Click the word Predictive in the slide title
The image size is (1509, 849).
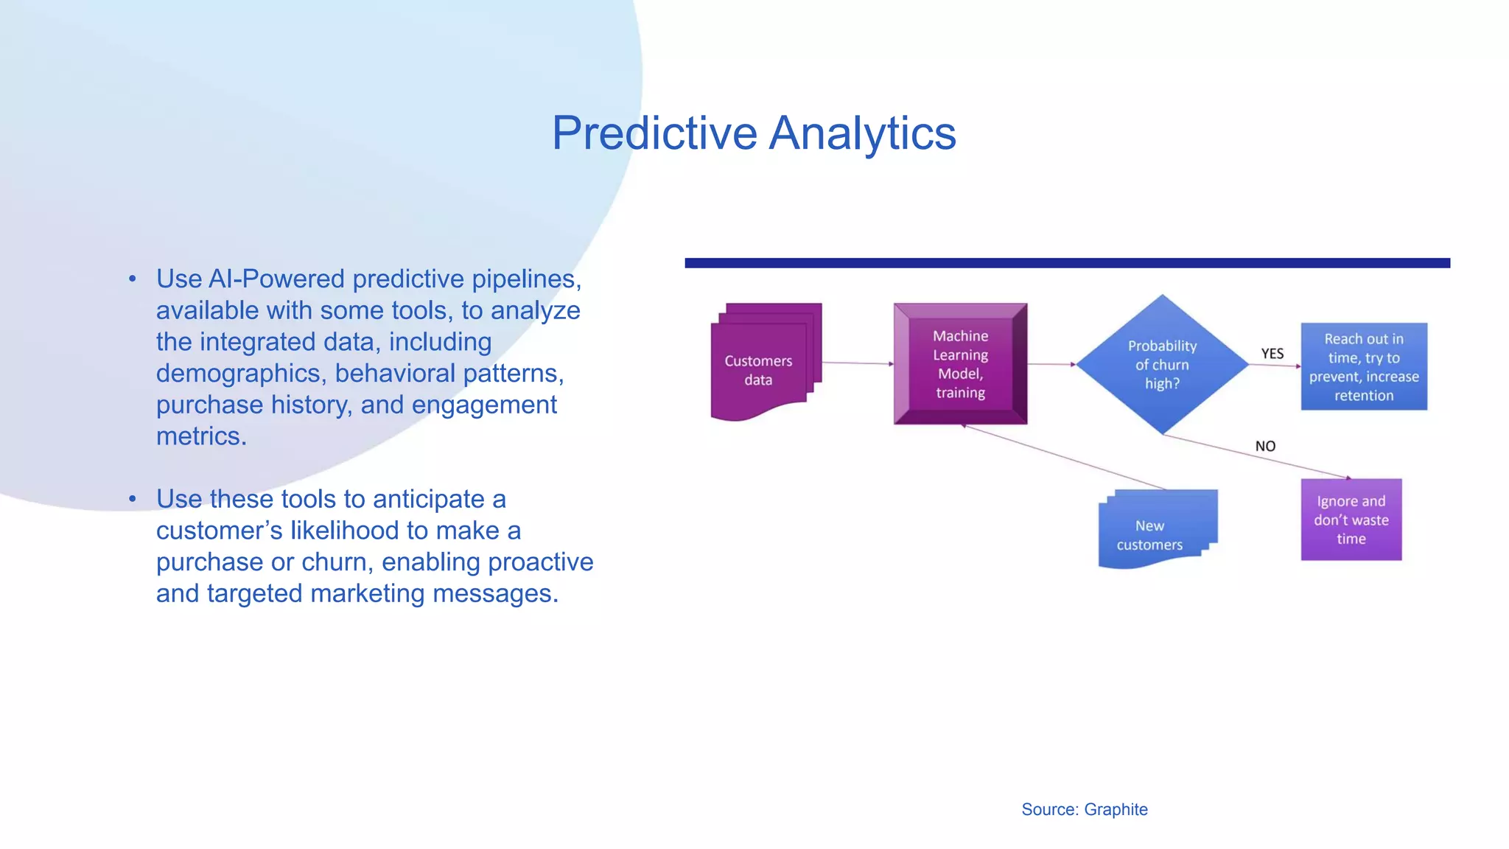coord(654,133)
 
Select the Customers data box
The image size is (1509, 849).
coord(759,370)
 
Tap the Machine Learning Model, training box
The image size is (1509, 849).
coord(960,364)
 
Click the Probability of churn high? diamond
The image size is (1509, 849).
coord(1162,364)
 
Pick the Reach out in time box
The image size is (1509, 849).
coord(1363,366)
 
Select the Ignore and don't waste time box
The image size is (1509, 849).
coord(1351,520)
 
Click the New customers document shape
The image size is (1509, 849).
coord(1150,534)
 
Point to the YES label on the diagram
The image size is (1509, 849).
coord(1272,354)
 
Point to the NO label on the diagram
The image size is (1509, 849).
coord(1265,446)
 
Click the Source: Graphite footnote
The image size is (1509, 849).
coord(1084,809)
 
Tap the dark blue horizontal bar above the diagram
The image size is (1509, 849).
coord(1067,263)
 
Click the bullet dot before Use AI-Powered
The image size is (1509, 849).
coord(133,279)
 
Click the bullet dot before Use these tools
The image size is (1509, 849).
coord(133,500)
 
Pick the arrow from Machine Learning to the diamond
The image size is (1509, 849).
coord(1051,364)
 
